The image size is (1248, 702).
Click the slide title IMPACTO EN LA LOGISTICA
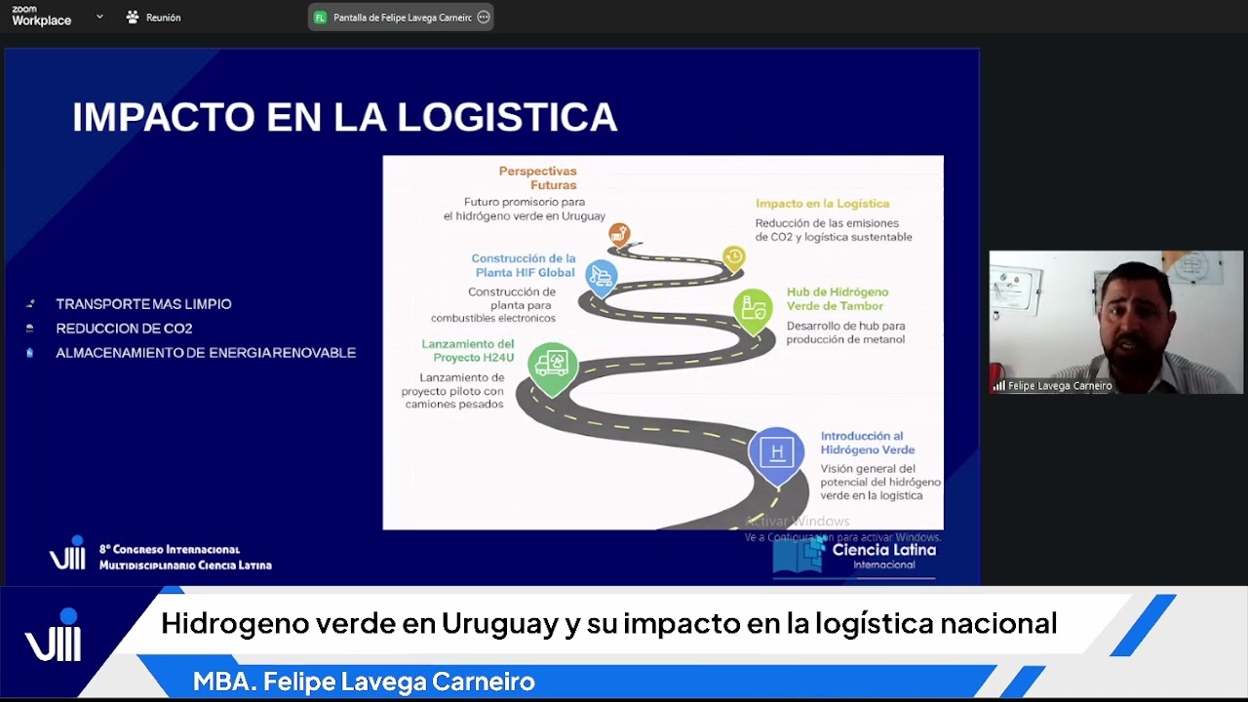[344, 117]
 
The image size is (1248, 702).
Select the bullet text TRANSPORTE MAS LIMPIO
[143, 304]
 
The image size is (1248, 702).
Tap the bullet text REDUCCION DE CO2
[124, 329]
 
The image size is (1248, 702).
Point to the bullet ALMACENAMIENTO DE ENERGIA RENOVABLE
[206, 353]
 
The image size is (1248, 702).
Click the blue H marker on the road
[777, 452]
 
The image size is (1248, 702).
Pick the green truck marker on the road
[553, 365]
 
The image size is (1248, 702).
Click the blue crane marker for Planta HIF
[601, 276]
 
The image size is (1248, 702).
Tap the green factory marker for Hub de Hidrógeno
[753, 308]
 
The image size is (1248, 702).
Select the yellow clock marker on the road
[733, 257]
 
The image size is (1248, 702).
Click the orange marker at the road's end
[619, 234]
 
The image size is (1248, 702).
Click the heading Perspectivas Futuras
[537, 177]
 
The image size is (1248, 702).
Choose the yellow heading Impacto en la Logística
[822, 204]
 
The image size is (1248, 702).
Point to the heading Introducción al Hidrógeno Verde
[867, 443]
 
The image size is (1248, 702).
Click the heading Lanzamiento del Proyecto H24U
[467, 350]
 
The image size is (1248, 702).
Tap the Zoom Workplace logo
[41, 17]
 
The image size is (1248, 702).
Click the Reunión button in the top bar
[153, 18]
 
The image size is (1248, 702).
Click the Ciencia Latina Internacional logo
[855, 556]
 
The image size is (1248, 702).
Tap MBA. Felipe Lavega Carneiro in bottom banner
[364, 682]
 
